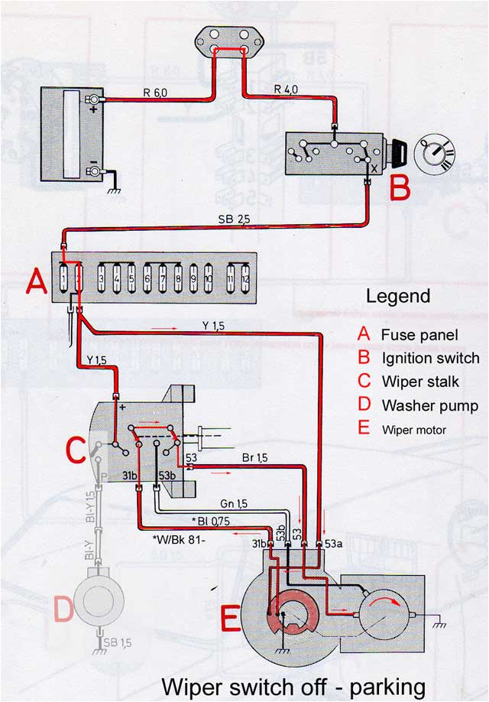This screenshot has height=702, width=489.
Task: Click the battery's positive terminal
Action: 93,100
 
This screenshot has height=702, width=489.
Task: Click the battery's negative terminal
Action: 93,171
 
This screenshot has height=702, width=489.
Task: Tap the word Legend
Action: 398,296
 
